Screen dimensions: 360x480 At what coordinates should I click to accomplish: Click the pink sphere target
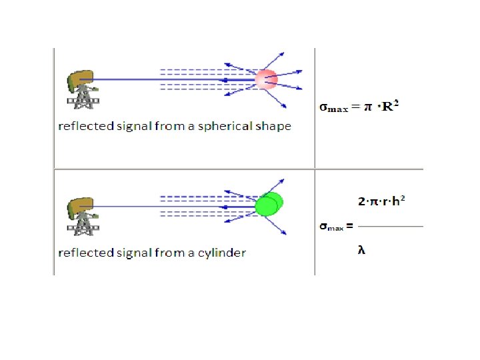coord(266,80)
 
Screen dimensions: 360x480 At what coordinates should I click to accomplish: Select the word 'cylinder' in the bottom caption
coord(222,253)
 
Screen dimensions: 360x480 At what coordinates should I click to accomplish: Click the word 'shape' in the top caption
coord(273,126)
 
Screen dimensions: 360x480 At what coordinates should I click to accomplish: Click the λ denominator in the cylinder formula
coord(361,250)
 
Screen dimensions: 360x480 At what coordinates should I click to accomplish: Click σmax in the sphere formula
coord(333,107)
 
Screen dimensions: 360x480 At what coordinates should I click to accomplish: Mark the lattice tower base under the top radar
coord(83,102)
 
